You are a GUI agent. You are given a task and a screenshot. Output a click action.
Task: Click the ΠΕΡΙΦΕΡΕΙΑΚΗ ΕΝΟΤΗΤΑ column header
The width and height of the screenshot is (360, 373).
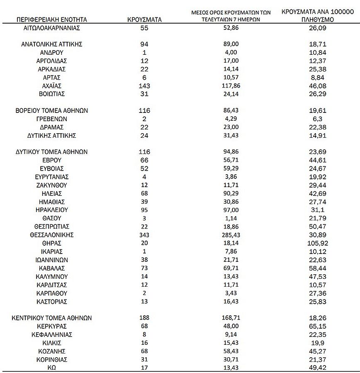51,20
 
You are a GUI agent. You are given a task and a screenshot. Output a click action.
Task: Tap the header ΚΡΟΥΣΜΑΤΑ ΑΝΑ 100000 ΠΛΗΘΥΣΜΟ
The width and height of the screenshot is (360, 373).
318,16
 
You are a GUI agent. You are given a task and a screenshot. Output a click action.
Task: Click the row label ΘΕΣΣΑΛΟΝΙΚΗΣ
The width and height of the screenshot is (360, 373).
51,235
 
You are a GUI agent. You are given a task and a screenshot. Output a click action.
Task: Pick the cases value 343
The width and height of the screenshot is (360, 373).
144,235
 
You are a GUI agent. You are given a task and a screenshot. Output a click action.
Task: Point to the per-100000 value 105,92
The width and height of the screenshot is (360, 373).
318,243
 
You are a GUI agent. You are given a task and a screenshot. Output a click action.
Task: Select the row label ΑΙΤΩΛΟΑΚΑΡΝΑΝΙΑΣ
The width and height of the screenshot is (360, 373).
51,28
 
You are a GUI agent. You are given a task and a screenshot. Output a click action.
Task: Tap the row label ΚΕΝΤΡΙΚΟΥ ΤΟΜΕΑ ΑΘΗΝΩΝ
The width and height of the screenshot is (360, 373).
51,318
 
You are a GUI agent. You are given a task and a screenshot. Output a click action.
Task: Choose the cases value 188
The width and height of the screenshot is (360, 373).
144,318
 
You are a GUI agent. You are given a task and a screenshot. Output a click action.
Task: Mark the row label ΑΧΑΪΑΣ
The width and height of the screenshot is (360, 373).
51,86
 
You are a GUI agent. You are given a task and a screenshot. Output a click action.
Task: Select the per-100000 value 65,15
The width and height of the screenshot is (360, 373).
318,326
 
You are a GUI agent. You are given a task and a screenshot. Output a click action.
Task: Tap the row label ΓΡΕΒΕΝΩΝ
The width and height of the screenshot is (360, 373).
51,119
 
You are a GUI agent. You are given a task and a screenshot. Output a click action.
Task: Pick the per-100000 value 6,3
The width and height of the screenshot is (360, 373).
318,119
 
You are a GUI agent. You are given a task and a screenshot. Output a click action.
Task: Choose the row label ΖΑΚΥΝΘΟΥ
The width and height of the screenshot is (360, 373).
51,185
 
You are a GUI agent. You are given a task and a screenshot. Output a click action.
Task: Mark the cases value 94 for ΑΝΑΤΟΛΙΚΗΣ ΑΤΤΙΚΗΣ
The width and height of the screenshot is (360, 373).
144,44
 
